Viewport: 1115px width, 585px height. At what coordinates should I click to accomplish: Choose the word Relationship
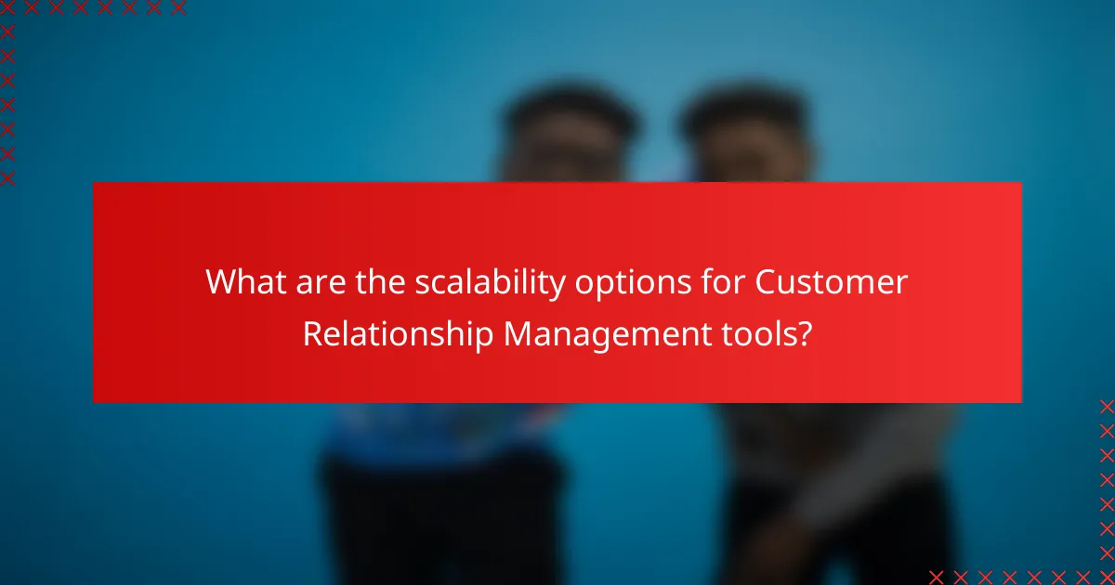tap(397, 333)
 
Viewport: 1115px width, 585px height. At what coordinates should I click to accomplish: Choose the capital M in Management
tap(518, 333)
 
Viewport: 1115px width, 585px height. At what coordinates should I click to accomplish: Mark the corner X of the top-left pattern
tap(7, 7)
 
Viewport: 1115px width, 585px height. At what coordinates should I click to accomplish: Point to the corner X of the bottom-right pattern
tap(1106, 577)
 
